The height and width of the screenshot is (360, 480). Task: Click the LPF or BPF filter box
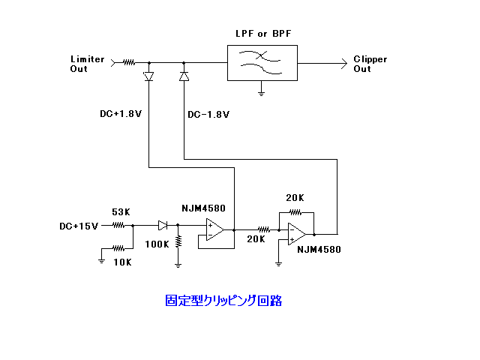[262, 61]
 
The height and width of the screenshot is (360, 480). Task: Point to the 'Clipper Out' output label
[370, 64]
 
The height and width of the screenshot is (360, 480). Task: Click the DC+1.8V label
[121, 115]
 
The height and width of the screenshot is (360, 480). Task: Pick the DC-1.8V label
[208, 115]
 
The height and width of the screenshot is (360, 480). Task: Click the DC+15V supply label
[79, 226]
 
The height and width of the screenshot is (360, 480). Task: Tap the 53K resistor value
[121, 212]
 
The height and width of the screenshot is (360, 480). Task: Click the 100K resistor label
[157, 244]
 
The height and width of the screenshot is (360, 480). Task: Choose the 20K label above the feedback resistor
[295, 197]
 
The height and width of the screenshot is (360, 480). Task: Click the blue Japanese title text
[223, 301]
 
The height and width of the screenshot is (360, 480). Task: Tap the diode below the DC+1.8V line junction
[148, 76]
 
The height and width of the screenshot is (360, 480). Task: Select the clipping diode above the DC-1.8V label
[184, 76]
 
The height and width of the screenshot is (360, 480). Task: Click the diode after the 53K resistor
[163, 224]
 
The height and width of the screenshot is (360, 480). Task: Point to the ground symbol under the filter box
[262, 93]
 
